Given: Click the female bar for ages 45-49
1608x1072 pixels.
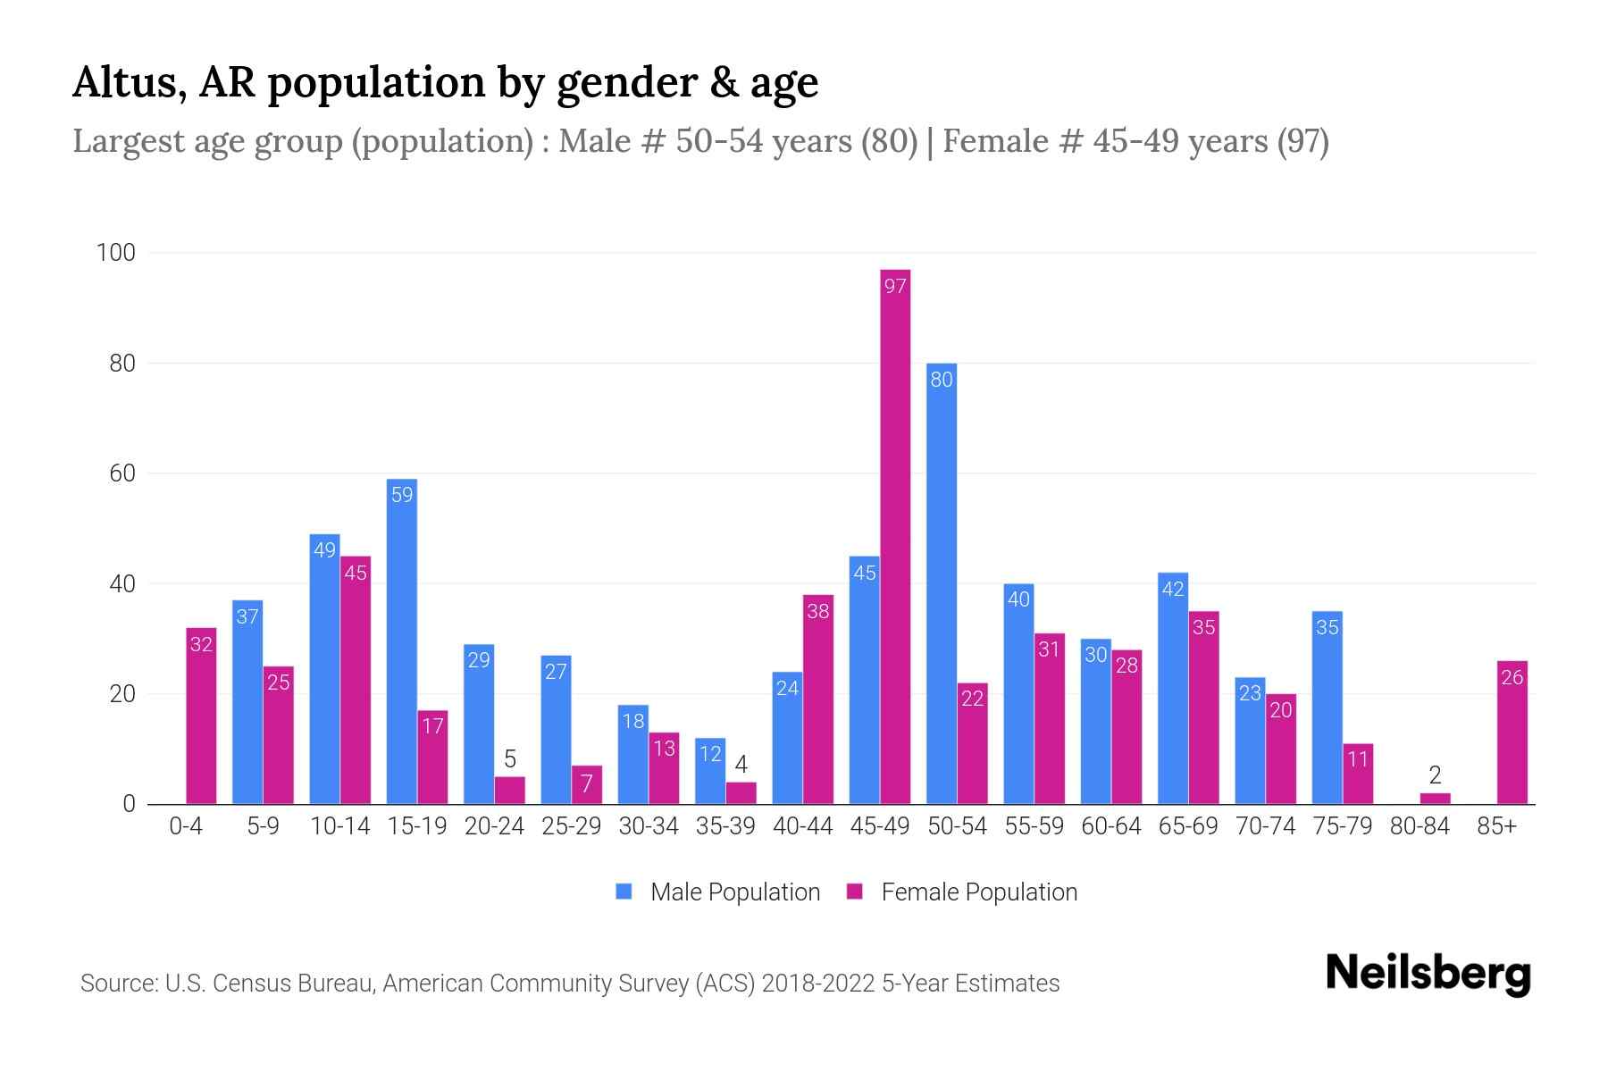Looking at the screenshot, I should point(895,536).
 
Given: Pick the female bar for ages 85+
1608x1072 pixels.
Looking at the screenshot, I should point(1512,733).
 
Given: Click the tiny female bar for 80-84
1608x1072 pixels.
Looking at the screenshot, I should point(1435,799).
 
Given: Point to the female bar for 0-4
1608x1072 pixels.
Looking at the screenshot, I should point(201,716).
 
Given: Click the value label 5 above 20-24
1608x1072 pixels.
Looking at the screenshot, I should point(510,759).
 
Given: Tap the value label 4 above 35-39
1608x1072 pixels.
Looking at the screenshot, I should point(741,765).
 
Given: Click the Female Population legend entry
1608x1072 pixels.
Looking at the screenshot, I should point(962,892).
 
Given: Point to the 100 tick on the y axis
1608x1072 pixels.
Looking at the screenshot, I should point(116,253).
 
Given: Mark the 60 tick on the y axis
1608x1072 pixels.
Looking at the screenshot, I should point(122,473).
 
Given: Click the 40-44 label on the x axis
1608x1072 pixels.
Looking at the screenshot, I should point(802,826).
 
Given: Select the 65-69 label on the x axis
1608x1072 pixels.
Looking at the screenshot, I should point(1188,826).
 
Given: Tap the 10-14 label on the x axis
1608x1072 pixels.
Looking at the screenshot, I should point(339,826).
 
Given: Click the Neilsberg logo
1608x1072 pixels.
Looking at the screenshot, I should point(1428,973).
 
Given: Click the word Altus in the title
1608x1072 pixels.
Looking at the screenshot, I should point(129,82).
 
